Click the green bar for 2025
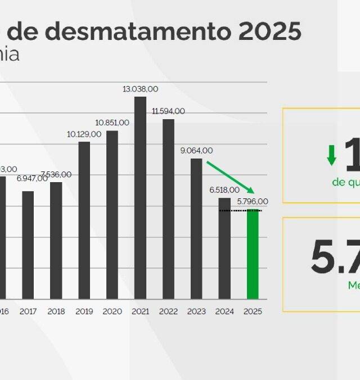tap(253, 254)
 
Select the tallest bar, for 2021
tap(140, 198)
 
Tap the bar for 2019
tap(84, 220)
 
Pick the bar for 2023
tap(196, 229)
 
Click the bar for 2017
tap(28, 245)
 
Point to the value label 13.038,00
tap(141, 89)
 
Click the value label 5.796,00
tap(253, 201)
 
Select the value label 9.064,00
tap(196, 151)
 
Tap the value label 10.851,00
tap(112, 123)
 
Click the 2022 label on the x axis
tap(168, 311)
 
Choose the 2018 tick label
tap(56, 311)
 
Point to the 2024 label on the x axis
tap(224, 311)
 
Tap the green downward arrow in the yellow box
tap(332, 155)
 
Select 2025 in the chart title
tap(269, 31)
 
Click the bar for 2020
tap(112, 215)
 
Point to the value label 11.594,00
tap(168, 111)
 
